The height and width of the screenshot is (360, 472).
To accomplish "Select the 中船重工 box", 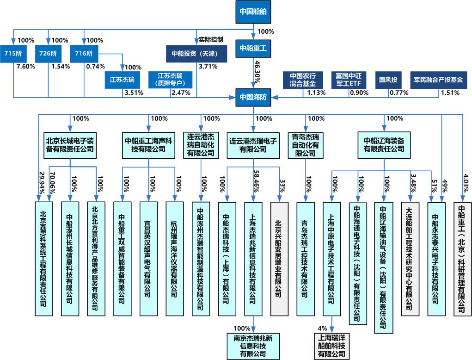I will click(253, 48).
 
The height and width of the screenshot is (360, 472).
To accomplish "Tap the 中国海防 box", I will click(253, 97).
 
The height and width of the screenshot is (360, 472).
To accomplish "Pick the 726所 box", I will click(48, 53).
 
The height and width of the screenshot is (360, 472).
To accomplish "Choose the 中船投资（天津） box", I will click(197, 53).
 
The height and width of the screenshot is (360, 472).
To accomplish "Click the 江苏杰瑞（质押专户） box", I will click(171, 79).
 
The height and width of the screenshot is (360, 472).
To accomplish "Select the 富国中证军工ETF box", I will click(349, 79).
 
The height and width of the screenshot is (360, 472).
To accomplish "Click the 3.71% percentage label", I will click(207, 67).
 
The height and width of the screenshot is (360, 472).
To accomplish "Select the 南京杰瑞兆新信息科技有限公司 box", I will click(253, 345).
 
